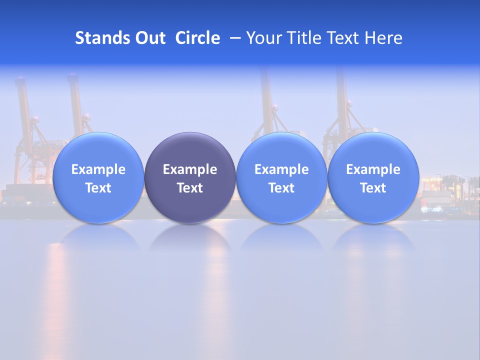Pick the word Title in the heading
point(304,38)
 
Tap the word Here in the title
point(383,38)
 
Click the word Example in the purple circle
point(190,169)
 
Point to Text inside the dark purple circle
point(190,188)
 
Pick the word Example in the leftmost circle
point(98,169)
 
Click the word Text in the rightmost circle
point(373,188)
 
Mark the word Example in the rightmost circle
point(373,169)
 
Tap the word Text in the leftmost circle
point(98,188)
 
